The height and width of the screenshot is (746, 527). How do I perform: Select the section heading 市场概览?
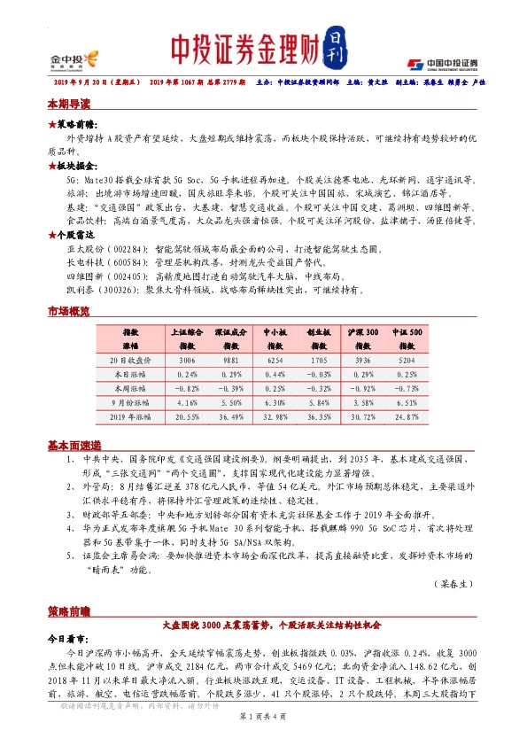[69, 312]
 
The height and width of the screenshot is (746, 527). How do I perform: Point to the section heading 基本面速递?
[74, 445]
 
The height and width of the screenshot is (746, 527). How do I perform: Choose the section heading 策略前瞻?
[69, 611]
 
